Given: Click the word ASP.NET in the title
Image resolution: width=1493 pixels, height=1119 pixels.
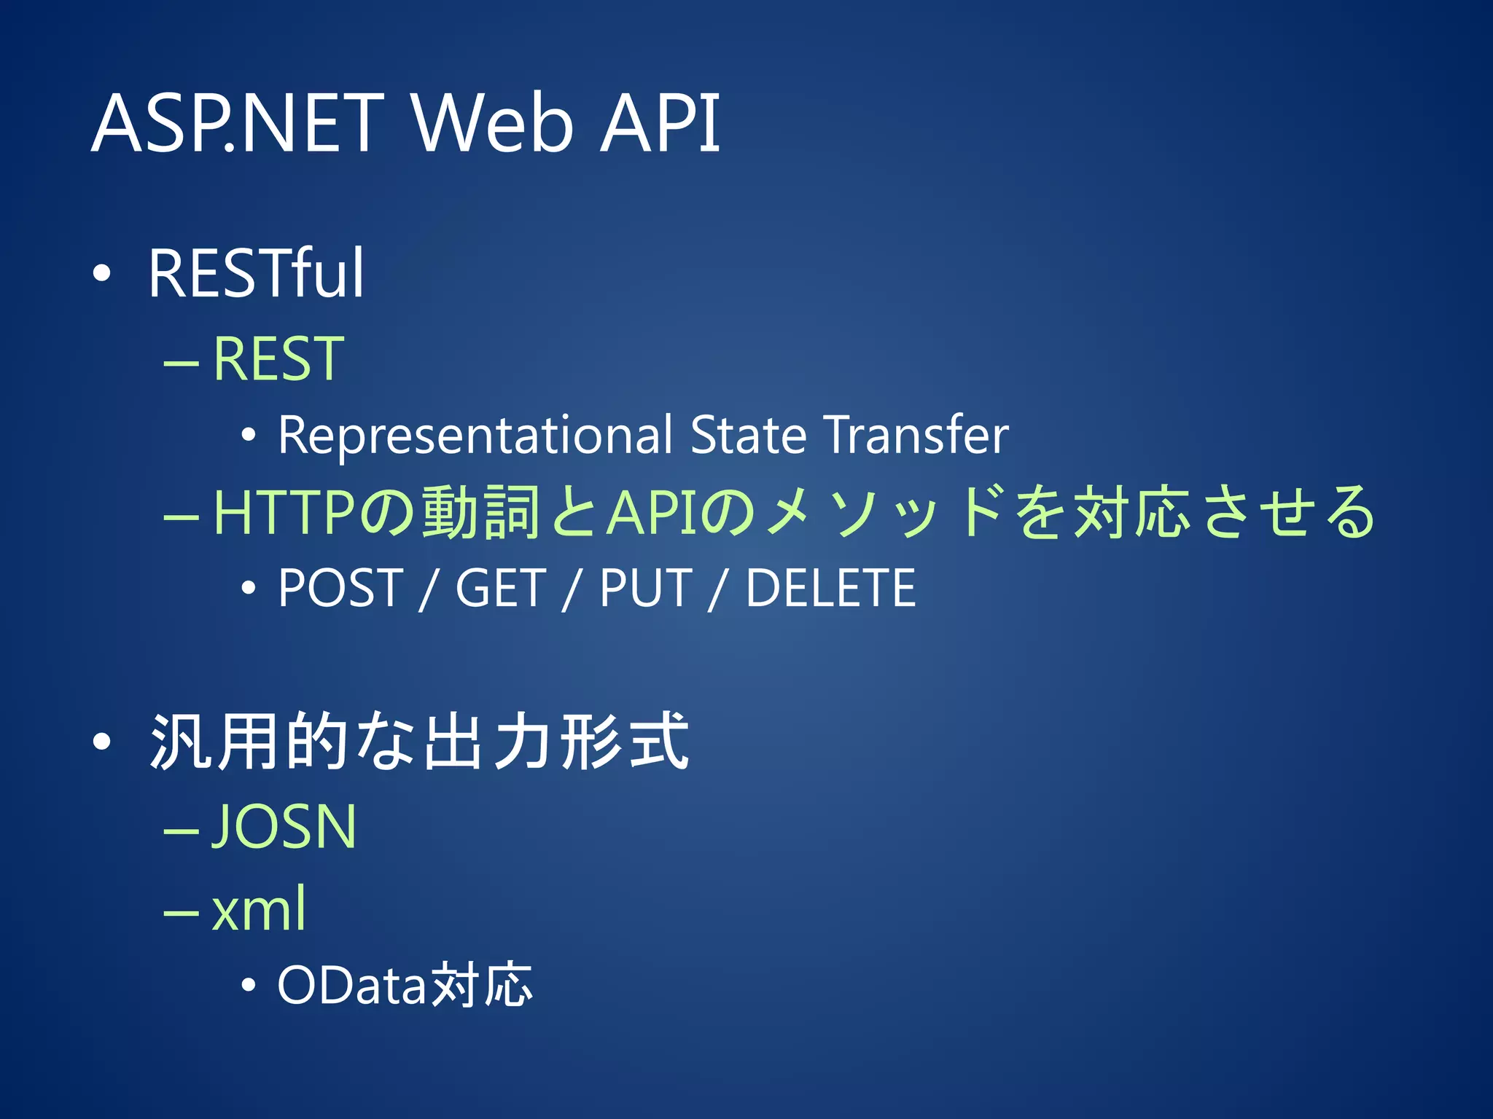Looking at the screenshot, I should pyautogui.click(x=238, y=124).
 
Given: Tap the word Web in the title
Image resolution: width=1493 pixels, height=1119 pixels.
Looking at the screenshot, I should pyautogui.click(x=492, y=124).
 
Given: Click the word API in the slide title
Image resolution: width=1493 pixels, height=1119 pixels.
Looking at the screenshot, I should pyautogui.click(x=659, y=124).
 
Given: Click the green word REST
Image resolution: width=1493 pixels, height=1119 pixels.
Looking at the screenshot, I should pyautogui.click(x=278, y=358).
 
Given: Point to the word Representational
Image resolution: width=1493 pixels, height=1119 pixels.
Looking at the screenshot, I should pyautogui.click(x=475, y=435).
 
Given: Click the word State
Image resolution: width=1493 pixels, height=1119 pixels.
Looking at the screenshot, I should pyautogui.click(x=748, y=435).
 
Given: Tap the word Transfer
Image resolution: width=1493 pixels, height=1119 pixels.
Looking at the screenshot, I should pyautogui.click(x=916, y=435).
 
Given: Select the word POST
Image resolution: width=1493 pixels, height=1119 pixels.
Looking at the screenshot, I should pyautogui.click(x=340, y=588).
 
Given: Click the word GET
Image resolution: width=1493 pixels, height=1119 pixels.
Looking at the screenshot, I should pyautogui.click(x=500, y=588).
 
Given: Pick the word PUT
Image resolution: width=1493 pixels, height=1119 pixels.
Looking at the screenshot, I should pyautogui.click(x=645, y=588).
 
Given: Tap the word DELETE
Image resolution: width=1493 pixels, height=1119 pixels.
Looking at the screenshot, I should pyautogui.click(x=830, y=588).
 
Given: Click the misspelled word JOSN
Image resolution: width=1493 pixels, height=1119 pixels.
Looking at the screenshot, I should pyautogui.click(x=284, y=827).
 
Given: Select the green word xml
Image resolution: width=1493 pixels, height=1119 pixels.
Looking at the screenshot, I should pyautogui.click(x=259, y=909).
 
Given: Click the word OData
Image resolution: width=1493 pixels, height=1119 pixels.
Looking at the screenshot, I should pyautogui.click(x=351, y=986).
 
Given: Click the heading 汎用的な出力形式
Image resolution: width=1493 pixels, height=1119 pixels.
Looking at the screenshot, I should pyautogui.click(x=419, y=742).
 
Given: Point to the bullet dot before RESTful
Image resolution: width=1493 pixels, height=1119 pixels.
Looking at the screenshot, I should pyautogui.click(x=102, y=274).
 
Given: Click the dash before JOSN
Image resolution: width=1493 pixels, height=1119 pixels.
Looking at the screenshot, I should pyautogui.click(x=182, y=830).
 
